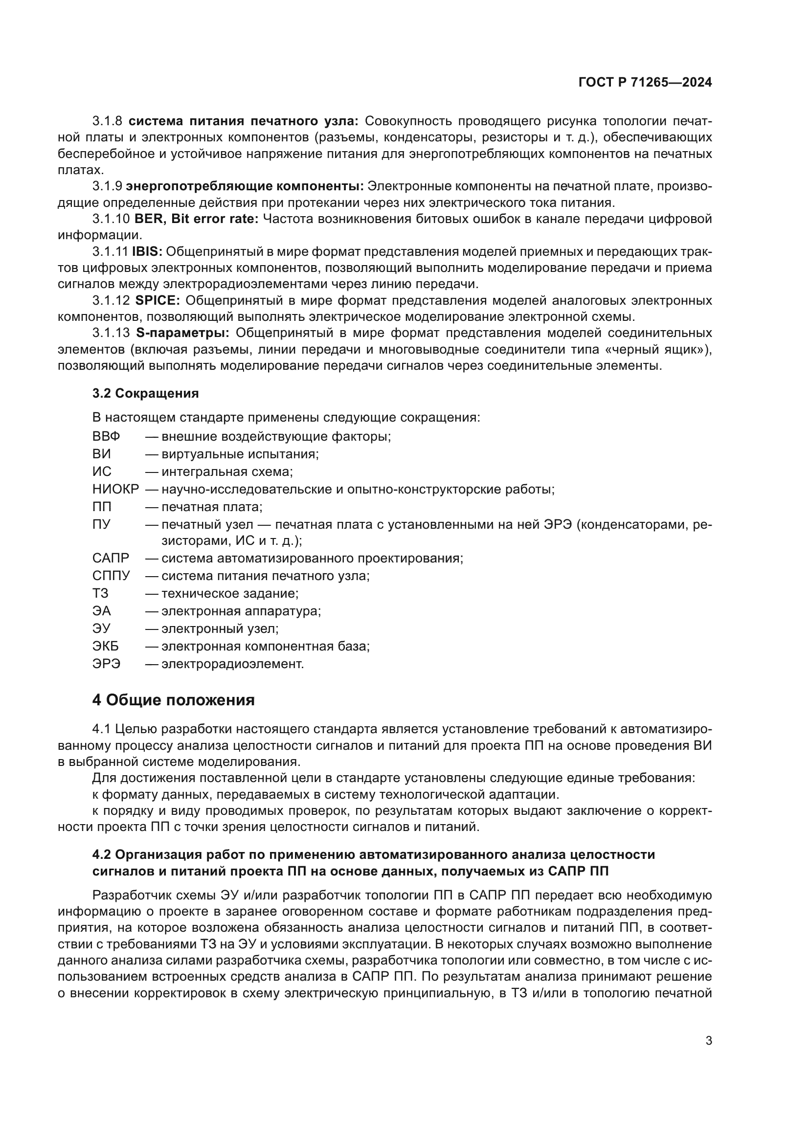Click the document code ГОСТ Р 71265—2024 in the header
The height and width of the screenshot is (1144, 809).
click(x=645, y=83)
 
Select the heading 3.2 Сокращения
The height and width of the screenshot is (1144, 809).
click(x=145, y=393)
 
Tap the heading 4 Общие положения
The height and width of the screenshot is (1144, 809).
click(x=173, y=700)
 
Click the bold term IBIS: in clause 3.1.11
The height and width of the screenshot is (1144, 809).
click(x=147, y=251)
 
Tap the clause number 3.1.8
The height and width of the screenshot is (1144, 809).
click(x=107, y=121)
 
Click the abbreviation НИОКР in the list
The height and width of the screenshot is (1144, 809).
click(x=115, y=489)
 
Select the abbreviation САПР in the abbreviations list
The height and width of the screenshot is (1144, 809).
click(x=111, y=558)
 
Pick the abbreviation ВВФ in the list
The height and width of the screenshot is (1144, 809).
click(x=106, y=436)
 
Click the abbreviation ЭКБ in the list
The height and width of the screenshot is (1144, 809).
click(x=106, y=646)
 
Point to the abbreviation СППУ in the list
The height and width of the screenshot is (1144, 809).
click(x=111, y=576)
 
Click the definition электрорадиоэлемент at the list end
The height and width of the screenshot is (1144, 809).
click(x=232, y=664)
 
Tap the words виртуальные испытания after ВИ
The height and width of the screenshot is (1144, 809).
click(x=240, y=454)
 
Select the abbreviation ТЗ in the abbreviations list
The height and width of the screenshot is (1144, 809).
click(x=100, y=593)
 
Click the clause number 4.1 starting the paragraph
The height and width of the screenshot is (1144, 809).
click(x=102, y=729)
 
